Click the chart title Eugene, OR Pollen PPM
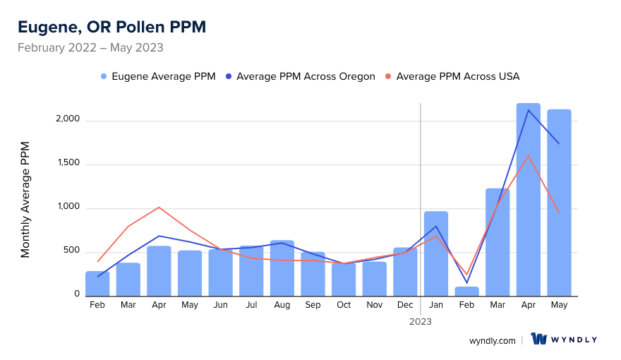tap(111, 27)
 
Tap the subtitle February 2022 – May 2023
tap(90, 48)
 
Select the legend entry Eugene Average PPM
tap(163, 76)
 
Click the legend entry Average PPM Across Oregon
tap(306, 76)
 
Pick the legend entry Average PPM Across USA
tap(457, 76)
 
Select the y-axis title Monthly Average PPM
tap(25, 200)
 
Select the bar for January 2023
tap(436, 253)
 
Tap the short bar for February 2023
tap(467, 292)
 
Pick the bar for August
tap(282, 268)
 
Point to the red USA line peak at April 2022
tap(159, 207)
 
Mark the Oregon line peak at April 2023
tap(529, 110)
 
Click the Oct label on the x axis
tap(344, 305)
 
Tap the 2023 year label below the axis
tap(421, 321)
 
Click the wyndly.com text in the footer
tap(493, 340)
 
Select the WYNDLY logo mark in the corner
tap(540, 340)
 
